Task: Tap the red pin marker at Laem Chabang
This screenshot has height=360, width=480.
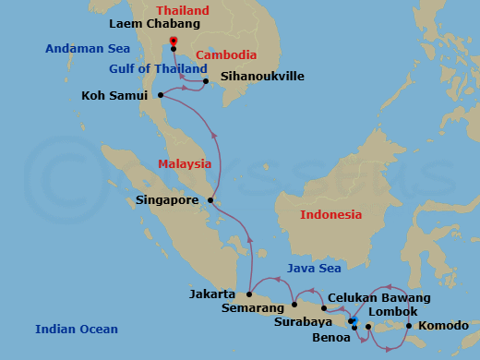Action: coord(174,41)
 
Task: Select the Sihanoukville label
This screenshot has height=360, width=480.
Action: coord(262,77)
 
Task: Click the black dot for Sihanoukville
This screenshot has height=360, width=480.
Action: coord(205,80)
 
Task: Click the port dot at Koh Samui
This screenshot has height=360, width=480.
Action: coord(161,94)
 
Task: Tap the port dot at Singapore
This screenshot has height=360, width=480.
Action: coord(210,199)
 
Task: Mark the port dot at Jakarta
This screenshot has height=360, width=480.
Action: coord(249,294)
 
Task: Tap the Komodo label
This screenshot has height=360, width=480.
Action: coord(443,326)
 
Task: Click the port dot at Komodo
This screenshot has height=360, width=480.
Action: coord(409,325)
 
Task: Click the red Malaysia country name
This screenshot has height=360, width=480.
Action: coord(185,164)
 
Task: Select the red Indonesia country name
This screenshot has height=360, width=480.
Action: coord(330,215)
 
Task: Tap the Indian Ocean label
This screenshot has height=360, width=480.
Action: coord(77,330)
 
